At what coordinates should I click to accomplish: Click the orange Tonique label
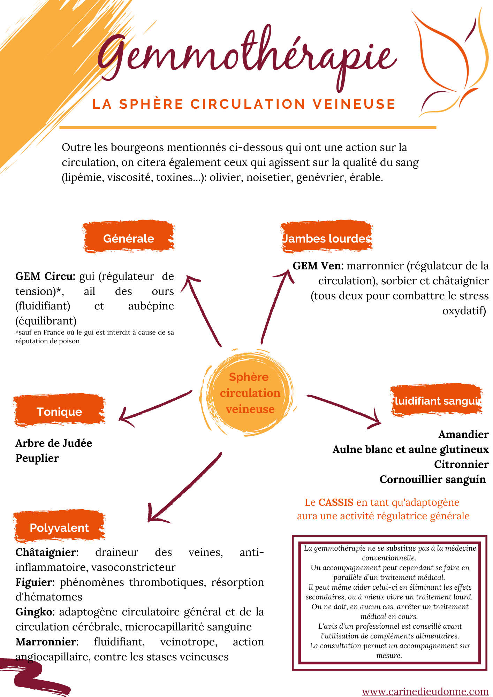point(59,411)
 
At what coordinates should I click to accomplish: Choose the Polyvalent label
point(59,527)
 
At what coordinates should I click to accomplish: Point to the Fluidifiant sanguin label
point(437,401)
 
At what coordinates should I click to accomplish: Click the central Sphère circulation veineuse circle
point(250,393)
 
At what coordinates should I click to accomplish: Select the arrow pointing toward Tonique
point(153,407)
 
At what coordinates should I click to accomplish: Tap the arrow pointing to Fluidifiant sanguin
point(345,409)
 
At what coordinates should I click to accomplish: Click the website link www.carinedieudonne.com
point(425,691)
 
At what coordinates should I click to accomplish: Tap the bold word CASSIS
point(336,502)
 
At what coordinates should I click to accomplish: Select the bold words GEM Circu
point(45,276)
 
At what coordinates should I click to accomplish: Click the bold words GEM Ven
point(318,266)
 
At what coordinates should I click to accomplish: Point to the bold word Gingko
point(34,612)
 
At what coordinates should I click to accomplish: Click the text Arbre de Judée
point(54,443)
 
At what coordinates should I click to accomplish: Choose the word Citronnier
point(461,464)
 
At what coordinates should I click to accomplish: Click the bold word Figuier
point(34,582)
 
